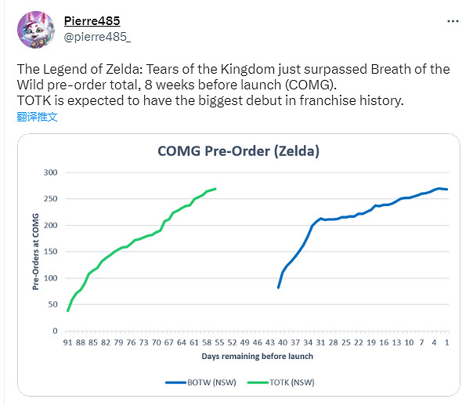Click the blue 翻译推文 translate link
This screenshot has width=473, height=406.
click(37, 118)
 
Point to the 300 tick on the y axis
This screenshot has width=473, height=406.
click(52, 172)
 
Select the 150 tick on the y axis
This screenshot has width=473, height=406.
click(52, 252)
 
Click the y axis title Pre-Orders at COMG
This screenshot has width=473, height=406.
click(35, 252)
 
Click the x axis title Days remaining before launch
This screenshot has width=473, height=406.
click(257, 356)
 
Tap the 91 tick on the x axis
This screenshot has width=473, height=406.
click(68, 343)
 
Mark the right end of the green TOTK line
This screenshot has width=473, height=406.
click(215, 188)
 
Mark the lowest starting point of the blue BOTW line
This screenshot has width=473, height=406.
click(278, 288)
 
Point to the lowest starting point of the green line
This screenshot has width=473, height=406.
click(68, 311)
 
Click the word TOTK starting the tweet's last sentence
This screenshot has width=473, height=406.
click(33, 101)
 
